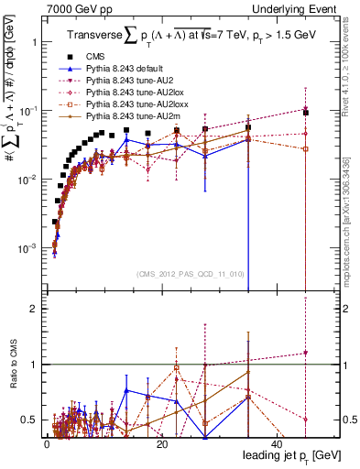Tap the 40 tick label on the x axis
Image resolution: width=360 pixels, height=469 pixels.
pyautogui.click(x=278, y=443)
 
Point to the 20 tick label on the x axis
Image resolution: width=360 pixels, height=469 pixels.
pyautogui.click(x=162, y=443)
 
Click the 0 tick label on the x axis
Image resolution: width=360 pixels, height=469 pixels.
pyautogui.click(x=47, y=443)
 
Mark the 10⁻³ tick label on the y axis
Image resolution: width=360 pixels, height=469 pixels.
pyautogui.click(x=29, y=248)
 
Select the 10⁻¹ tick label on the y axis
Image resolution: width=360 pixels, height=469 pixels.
pyautogui.click(x=29, y=111)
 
